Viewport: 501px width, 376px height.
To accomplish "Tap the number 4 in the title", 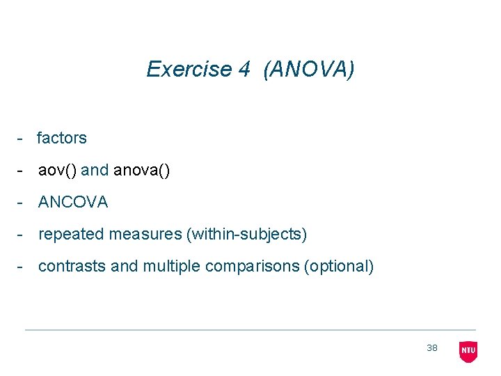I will coord(244,69).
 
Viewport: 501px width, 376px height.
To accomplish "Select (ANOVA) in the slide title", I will coord(309,69).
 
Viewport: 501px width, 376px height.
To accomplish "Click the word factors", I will coord(62,138).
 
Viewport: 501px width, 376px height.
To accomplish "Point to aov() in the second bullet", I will coord(57,170).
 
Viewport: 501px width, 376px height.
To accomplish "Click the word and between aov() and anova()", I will coord(95,170).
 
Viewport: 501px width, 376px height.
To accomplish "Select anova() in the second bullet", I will coord(141,170).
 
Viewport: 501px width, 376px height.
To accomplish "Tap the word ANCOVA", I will coord(73,202).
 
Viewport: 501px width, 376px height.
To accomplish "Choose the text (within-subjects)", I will coord(246,235).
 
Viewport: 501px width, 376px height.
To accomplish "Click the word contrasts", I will coord(72,267).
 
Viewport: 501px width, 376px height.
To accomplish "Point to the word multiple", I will coord(172,267).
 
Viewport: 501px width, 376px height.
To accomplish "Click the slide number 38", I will coord(432,348).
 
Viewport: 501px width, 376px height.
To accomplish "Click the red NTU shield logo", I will coord(468,351).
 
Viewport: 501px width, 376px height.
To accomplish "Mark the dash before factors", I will coord(22,139).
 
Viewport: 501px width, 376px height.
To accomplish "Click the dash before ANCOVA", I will coord(22,203).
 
